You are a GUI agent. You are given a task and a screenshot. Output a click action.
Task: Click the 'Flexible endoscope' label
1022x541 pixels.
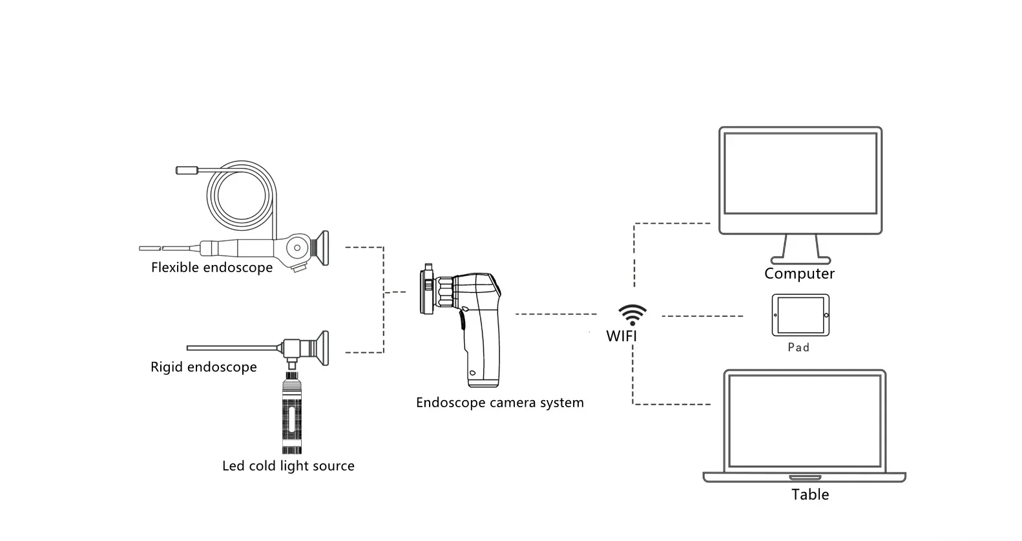click(x=212, y=268)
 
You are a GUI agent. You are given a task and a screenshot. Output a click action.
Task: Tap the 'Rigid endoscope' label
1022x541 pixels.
click(x=203, y=367)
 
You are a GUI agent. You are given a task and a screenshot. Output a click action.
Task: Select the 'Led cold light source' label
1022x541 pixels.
click(x=288, y=466)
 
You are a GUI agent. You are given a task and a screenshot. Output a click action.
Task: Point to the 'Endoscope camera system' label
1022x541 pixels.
click(x=499, y=403)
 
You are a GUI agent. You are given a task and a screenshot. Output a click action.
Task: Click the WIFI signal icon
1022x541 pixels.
click(x=632, y=314)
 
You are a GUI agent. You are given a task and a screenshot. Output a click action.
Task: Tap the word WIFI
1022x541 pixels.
click(x=621, y=336)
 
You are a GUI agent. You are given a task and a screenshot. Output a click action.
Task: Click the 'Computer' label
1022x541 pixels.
click(x=799, y=273)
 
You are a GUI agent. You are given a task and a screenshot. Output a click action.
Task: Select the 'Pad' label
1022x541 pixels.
click(x=798, y=348)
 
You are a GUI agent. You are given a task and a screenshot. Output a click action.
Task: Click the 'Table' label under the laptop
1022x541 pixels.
click(x=810, y=494)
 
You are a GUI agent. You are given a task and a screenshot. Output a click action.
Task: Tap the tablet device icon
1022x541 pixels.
click(x=800, y=315)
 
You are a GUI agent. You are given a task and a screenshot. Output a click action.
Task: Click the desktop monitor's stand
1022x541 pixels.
click(x=800, y=249)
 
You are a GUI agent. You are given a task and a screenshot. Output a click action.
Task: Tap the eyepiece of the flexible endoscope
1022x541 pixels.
click(x=320, y=249)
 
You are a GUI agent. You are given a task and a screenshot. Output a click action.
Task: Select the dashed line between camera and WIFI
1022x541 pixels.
click(x=556, y=315)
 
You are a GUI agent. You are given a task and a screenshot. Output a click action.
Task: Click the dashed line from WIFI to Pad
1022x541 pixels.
click(x=703, y=316)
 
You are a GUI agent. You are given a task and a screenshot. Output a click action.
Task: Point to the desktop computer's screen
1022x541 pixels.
click(x=800, y=173)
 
